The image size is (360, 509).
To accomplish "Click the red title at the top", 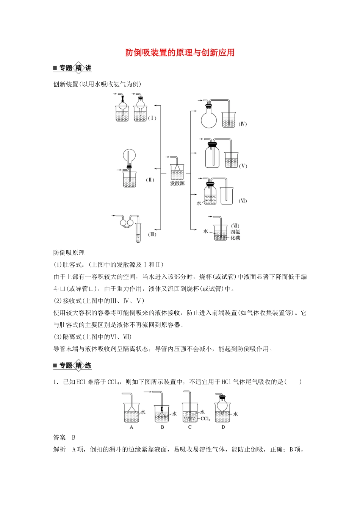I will pos(180,53).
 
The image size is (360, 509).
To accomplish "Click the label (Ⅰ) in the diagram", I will pos(152,118).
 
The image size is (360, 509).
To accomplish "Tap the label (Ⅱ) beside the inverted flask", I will pos(150,180).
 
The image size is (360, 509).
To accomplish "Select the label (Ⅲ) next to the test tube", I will pos(152,234).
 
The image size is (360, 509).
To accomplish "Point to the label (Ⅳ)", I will pos(243,124).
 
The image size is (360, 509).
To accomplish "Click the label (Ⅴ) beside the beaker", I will pos(243,166).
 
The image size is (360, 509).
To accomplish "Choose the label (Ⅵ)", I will pos(243,201).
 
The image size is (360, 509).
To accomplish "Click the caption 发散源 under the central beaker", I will pos(177,183).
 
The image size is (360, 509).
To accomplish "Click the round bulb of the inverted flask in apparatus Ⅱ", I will pos(129,156).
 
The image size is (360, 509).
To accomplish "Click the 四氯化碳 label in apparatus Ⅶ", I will pos(235,235).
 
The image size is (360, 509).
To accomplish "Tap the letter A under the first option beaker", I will pos(131,427).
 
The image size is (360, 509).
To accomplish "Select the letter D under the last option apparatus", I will pos(223,427).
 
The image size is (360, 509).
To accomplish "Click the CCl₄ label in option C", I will pos(205,419).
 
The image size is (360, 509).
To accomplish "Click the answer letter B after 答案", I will pos(74,437).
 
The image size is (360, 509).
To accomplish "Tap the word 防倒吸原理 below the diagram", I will pos(69,253).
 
